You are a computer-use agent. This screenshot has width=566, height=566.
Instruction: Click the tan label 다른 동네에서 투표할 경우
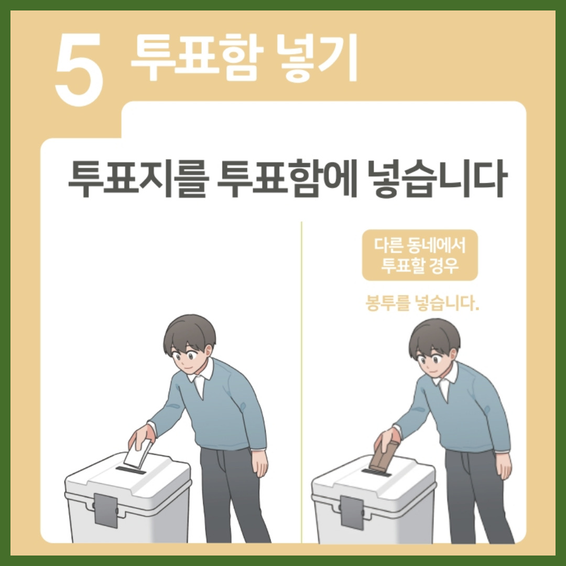pyautogui.click(x=420, y=255)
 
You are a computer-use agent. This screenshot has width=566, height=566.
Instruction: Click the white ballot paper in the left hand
pyautogui.click(x=137, y=454)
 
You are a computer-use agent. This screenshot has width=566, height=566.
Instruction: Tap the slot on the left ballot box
pyautogui.click(x=130, y=470)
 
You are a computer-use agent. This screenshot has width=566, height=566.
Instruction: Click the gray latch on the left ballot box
pyautogui.click(x=106, y=510)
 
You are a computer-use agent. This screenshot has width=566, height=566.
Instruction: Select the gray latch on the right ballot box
pyautogui.click(x=352, y=513)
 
